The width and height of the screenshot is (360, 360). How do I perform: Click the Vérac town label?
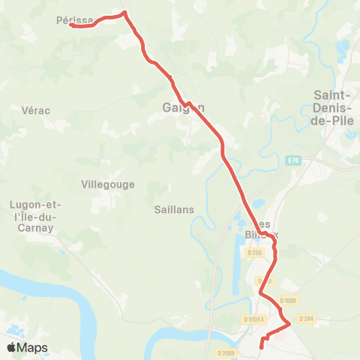(x=36, y=110)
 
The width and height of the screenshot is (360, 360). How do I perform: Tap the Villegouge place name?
(x=106, y=184)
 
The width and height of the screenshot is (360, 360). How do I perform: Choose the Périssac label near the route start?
(x=75, y=20)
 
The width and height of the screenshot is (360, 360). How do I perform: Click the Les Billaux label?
(x=262, y=229)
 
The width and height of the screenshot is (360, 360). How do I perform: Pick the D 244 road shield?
(x=305, y=319)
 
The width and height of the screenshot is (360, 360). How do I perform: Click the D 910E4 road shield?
(x=253, y=319)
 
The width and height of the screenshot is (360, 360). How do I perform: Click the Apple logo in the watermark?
(x=12, y=347)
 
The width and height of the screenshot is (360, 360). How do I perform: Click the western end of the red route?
(x=71, y=25)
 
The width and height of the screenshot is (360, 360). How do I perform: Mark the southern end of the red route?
(x=261, y=346)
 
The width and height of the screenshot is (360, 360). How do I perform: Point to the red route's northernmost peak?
(x=124, y=12)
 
